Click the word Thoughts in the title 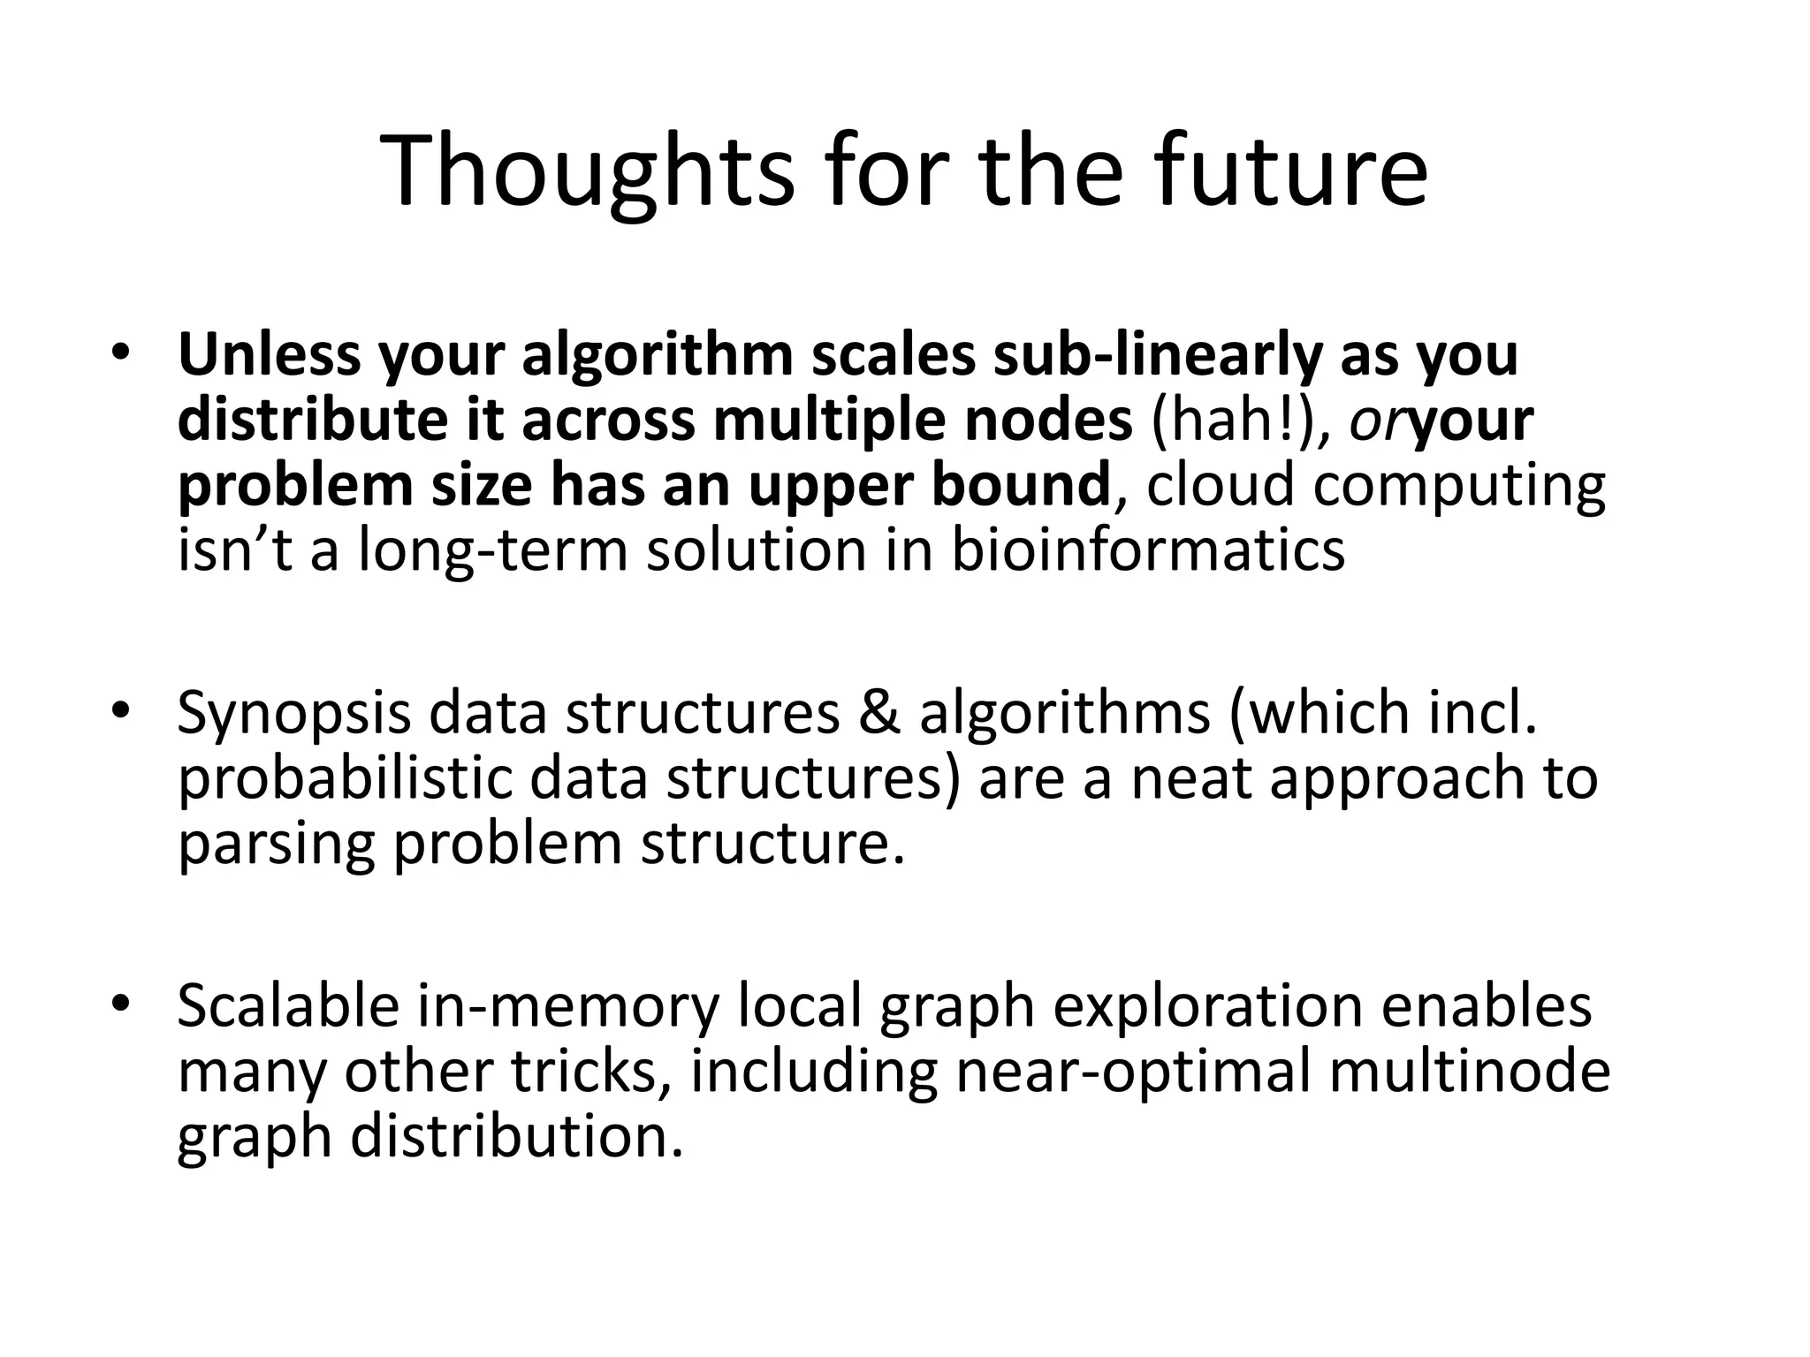[587, 171]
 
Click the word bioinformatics [1147, 550]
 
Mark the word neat [1190, 779]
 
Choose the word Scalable [288, 1006]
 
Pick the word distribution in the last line [517, 1136]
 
